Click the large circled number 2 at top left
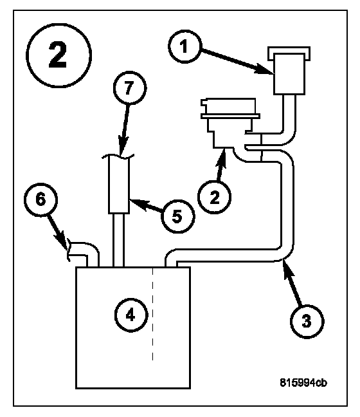pos(59,55)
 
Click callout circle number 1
pos(184,46)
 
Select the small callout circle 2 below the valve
pos(215,197)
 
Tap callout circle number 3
pos(307,321)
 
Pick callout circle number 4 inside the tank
pos(131,315)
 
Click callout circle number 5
pos(177,216)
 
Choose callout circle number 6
pos(40,199)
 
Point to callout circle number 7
pos(130,88)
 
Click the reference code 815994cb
pos(303,383)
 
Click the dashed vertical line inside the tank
pos(152,314)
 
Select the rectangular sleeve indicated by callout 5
pos(119,185)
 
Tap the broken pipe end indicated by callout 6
pos(68,250)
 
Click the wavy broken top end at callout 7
pos(118,156)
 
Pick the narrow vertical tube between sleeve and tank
pos(119,240)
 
